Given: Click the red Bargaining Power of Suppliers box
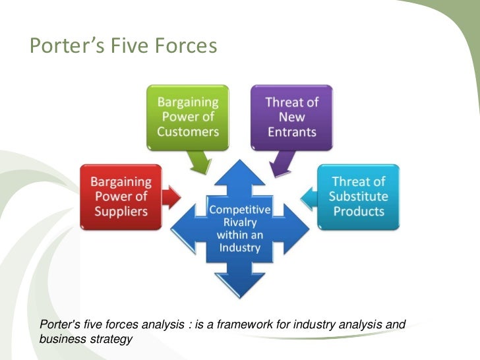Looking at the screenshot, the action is (x=121, y=196).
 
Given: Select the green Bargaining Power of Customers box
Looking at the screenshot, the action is (x=188, y=117).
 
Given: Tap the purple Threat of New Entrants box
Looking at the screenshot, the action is (x=291, y=117).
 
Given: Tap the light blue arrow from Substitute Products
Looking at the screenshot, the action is (x=309, y=196).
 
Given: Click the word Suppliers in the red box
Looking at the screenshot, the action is (x=121, y=212).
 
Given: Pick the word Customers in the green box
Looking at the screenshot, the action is (x=188, y=131).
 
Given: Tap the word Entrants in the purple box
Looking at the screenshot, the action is (x=291, y=131).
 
